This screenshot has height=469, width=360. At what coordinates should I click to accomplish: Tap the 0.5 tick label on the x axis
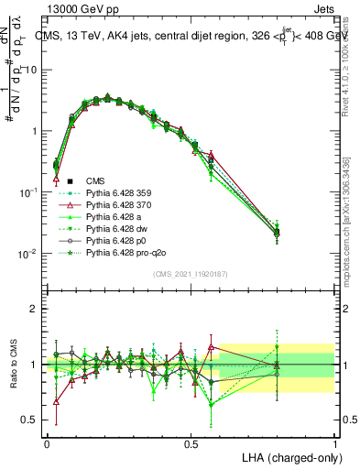[191, 442]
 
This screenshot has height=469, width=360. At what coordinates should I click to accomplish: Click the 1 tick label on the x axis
[335, 442]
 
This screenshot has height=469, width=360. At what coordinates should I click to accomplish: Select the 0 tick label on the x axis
[47, 442]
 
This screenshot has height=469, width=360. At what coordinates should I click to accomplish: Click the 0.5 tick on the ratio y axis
[29, 420]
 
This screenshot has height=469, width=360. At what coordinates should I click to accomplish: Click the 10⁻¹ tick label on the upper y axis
[27, 192]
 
